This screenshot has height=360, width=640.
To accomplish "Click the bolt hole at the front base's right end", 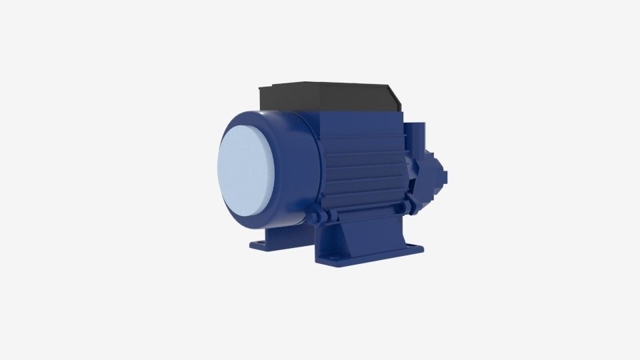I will click(416, 249).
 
